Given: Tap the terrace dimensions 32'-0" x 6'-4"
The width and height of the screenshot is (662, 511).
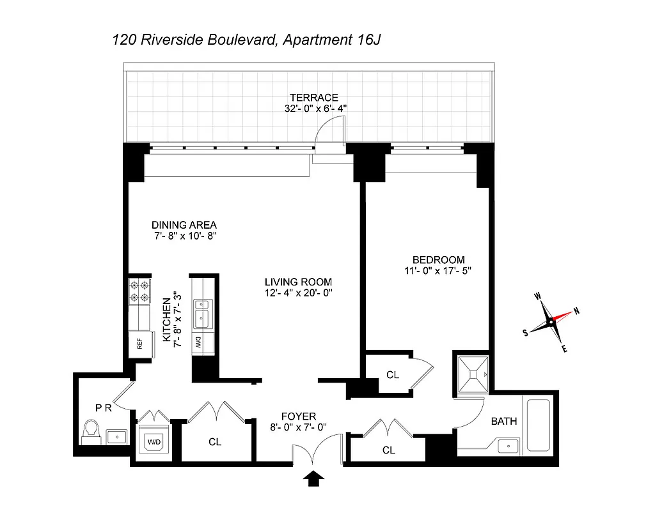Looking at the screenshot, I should pos(316,109).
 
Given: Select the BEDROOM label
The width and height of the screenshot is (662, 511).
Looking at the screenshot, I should pos(438,259).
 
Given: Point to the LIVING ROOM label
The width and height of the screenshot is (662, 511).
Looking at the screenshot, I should pos(299,282).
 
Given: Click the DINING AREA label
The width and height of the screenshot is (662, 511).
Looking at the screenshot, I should pos(184,225).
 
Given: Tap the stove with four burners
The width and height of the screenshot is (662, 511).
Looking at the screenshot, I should pos(139,291).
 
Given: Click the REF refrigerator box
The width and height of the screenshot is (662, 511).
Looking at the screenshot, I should pos(140,346).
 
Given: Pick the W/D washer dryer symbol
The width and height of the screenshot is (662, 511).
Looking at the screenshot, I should pos(154,441).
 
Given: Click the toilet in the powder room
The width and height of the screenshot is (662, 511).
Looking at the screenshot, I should pos(90,430).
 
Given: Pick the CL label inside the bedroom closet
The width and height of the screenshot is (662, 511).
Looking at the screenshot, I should pos(393,374).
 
